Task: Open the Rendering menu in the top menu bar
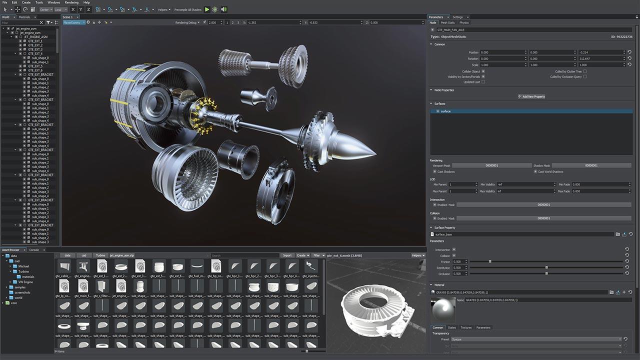(x=71, y=2)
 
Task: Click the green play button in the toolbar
(x=207, y=9)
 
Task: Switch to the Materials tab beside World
(x=24, y=17)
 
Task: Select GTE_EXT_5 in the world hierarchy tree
(x=35, y=66)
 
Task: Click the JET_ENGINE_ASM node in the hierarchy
(x=35, y=37)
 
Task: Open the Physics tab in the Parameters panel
(x=464, y=22)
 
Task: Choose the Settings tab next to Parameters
(x=457, y=17)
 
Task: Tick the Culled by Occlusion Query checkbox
(x=585, y=76)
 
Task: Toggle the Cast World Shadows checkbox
(x=535, y=171)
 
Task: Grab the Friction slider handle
(x=490, y=261)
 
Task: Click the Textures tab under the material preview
(x=466, y=327)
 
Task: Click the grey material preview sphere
(x=443, y=310)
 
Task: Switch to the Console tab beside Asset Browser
(x=34, y=249)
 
